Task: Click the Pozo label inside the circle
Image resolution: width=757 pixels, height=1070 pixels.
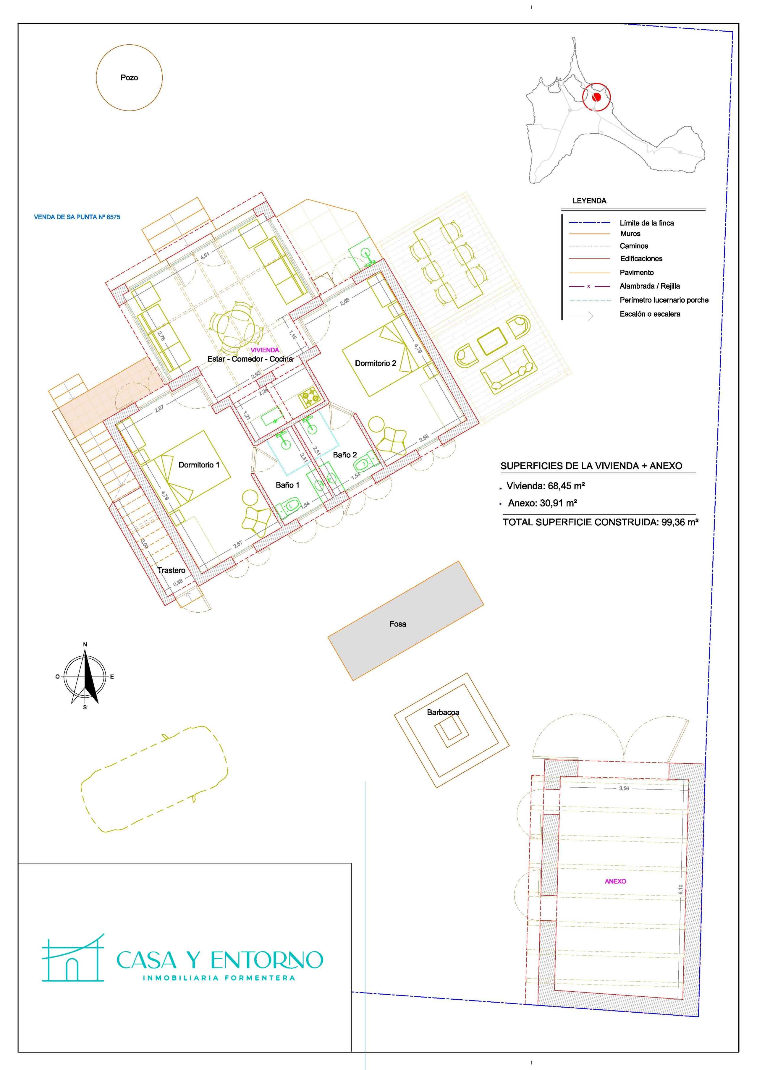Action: coord(129,78)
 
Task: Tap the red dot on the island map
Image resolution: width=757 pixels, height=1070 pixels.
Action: coord(596,97)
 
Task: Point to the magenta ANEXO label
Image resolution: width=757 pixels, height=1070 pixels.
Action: coord(615,882)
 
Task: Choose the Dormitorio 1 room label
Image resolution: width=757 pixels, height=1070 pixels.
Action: coord(199,464)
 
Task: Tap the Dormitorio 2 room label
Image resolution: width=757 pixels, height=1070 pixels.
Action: coord(376,363)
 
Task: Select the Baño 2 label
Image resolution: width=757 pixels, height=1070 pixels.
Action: coord(345,455)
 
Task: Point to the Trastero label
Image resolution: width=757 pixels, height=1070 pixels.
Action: coord(171,570)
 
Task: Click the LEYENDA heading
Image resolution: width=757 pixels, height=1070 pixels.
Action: coord(589,201)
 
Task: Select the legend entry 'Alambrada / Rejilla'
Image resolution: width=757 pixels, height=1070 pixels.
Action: coord(650,286)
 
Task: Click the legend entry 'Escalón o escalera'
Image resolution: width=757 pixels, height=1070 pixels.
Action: coord(650,314)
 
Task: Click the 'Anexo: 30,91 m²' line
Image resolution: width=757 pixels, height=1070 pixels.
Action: coord(543,503)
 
